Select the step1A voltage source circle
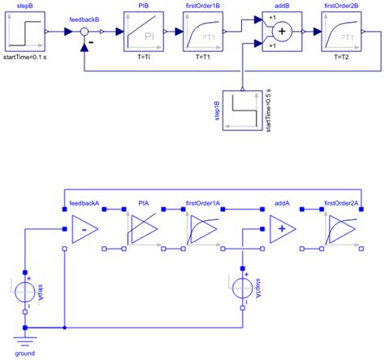coord(244,288)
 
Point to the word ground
coord(25,353)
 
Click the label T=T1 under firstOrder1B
coord(196,59)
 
